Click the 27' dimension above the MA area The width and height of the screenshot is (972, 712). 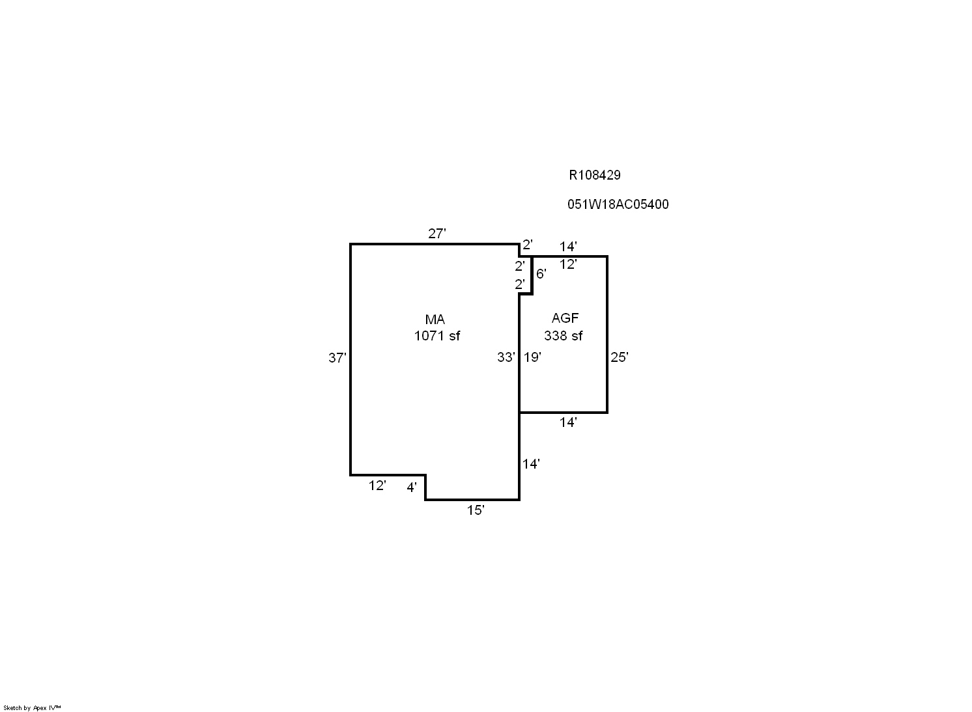coord(437,234)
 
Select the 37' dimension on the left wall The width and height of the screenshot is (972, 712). coord(337,357)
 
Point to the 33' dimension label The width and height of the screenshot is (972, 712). coord(506,357)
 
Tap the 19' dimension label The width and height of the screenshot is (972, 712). coord(532,357)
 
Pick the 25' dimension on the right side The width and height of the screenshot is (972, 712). coord(620,357)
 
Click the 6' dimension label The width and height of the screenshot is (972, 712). coord(541,274)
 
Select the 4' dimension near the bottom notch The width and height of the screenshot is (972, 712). coord(412,487)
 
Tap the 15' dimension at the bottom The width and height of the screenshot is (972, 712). coord(476,510)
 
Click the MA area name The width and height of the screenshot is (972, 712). coord(435,320)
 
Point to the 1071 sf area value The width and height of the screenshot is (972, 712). coord(436,336)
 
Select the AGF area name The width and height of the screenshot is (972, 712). coord(565,318)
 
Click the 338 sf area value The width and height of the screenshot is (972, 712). coord(564,336)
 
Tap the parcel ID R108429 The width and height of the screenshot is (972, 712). coord(595,175)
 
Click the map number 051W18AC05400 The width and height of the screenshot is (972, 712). coord(618,204)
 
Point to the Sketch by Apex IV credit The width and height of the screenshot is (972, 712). coord(32,707)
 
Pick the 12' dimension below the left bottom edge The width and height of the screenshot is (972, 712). coord(377,486)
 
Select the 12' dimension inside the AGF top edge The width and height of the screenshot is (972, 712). coord(568,264)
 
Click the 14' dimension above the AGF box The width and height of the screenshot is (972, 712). coord(568,247)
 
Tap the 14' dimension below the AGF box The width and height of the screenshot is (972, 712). coord(568,422)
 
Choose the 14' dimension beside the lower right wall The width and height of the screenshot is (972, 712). coord(531,464)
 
